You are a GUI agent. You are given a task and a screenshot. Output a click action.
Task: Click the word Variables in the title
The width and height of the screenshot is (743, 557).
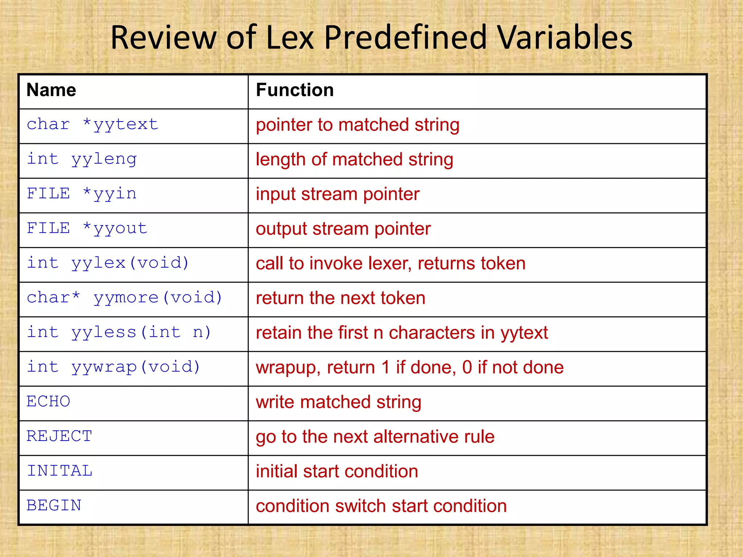click(565, 37)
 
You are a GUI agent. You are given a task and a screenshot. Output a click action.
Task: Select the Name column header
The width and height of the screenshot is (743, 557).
click(51, 90)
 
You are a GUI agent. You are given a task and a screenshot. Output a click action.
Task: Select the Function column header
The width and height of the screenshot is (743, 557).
click(295, 90)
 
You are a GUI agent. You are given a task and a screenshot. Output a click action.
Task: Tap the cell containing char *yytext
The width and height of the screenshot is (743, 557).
click(93, 125)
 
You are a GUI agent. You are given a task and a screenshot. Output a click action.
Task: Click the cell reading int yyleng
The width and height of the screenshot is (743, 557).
click(82, 159)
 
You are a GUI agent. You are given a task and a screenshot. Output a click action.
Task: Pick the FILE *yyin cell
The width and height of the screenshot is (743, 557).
click(82, 194)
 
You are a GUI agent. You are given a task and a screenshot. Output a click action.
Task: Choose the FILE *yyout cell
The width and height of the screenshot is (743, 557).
click(87, 228)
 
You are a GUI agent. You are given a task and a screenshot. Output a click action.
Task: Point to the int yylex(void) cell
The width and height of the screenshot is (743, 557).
click(108, 263)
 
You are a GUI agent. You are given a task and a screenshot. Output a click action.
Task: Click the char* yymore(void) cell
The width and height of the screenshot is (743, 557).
click(124, 298)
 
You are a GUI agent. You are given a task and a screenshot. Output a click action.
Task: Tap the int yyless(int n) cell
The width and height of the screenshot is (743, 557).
click(119, 332)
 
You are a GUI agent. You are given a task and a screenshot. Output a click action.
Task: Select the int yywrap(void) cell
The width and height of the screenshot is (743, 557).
click(114, 367)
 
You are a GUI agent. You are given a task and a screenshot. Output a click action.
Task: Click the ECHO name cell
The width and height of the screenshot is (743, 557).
click(49, 401)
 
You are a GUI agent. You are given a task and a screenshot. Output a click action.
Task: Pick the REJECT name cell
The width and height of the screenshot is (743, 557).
click(59, 436)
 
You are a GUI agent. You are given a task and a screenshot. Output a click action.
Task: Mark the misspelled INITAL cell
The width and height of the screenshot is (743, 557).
click(60, 471)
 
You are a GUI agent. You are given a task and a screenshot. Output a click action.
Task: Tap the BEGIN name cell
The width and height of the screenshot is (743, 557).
click(54, 506)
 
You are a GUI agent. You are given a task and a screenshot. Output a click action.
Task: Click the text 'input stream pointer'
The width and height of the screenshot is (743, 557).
click(337, 194)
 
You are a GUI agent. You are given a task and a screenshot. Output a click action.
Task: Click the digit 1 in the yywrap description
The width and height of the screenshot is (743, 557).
click(385, 367)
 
